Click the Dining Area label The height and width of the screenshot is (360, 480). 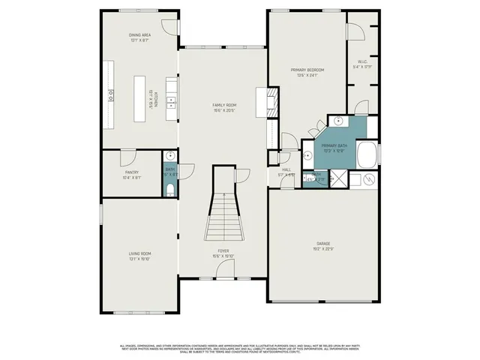click(139, 35)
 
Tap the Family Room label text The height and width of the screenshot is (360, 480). click(224, 106)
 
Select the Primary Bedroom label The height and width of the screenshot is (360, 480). click(307, 70)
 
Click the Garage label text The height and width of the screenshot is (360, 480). click(323, 244)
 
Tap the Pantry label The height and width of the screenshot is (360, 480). click(132, 172)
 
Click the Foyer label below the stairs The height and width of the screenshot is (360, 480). click(223, 250)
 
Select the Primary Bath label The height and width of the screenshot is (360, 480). click(333, 145)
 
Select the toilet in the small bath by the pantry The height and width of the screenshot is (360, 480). click(170, 189)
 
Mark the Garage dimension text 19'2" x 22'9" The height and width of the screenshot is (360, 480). click(323, 248)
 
